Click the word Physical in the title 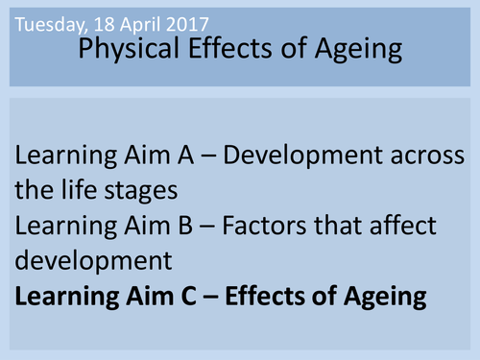click(x=124, y=50)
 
